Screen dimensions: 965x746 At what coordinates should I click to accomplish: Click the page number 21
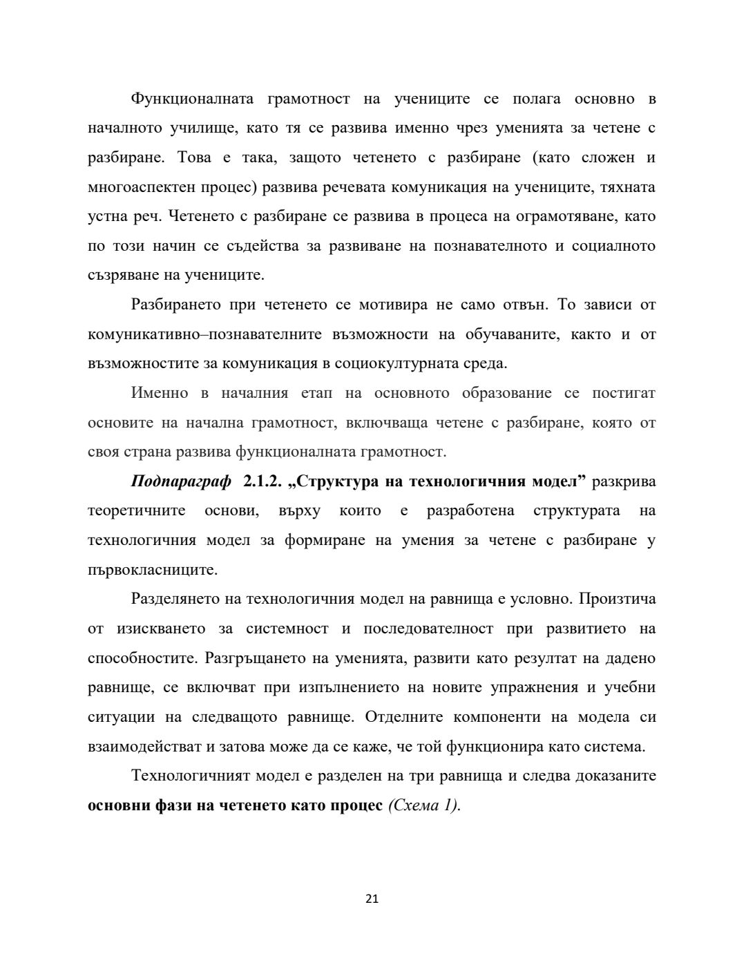(372, 899)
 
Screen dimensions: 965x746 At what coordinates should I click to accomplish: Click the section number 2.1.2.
(264, 481)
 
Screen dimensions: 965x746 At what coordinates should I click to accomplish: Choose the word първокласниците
(153, 570)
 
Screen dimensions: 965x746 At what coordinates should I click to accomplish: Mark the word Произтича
(618, 599)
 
